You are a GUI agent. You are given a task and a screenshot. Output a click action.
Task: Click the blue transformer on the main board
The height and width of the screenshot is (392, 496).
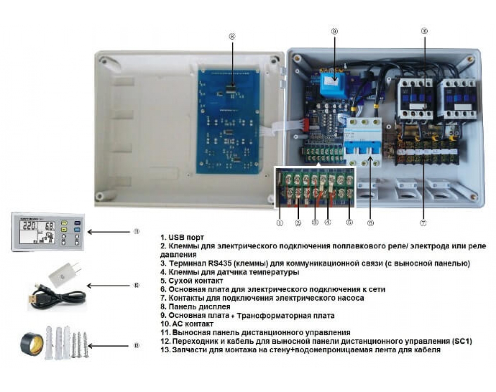click(334, 85)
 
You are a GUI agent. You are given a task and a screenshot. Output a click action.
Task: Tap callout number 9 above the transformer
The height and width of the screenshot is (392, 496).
click(334, 31)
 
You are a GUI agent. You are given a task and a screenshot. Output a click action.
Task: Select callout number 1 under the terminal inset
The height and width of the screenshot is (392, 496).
click(280, 223)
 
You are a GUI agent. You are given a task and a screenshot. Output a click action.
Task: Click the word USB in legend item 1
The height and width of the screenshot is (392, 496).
click(176, 238)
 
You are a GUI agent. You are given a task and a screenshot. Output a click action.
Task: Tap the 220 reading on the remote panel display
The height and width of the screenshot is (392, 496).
click(29, 227)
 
